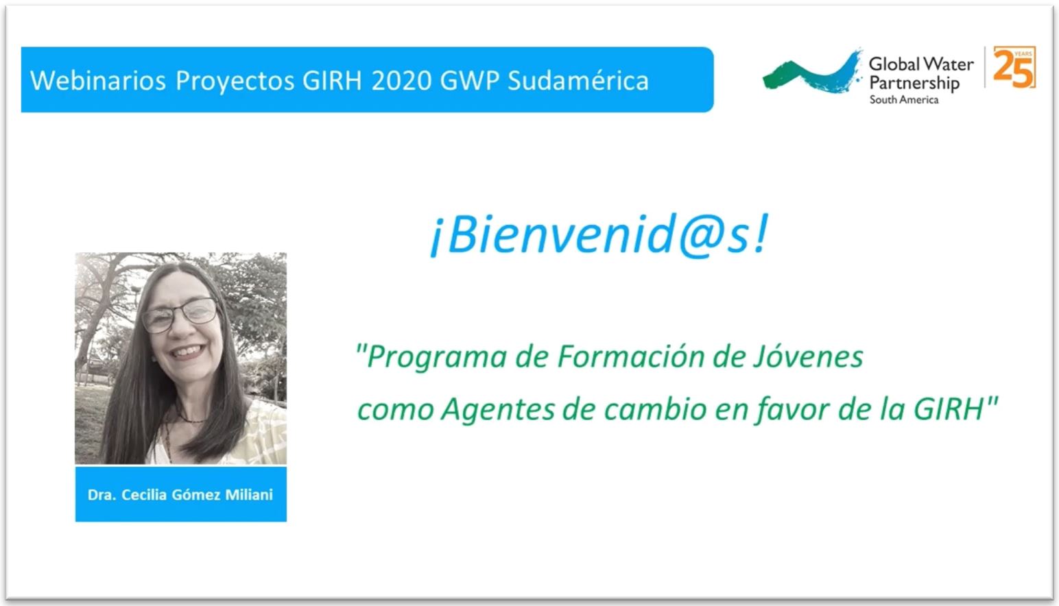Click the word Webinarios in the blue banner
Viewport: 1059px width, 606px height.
(98, 80)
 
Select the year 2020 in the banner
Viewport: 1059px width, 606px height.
(401, 80)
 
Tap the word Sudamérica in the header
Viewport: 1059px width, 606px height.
(578, 80)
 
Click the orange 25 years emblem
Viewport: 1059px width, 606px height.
(1014, 67)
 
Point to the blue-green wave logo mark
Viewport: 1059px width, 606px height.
(812, 73)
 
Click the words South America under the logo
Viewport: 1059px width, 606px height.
(904, 99)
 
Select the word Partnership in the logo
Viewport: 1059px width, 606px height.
(914, 83)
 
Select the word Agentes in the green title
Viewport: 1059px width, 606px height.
(498, 410)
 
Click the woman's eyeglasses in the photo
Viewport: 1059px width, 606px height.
(180, 315)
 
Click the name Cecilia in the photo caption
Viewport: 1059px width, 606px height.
(144, 495)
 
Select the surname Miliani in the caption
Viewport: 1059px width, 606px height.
(249, 495)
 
